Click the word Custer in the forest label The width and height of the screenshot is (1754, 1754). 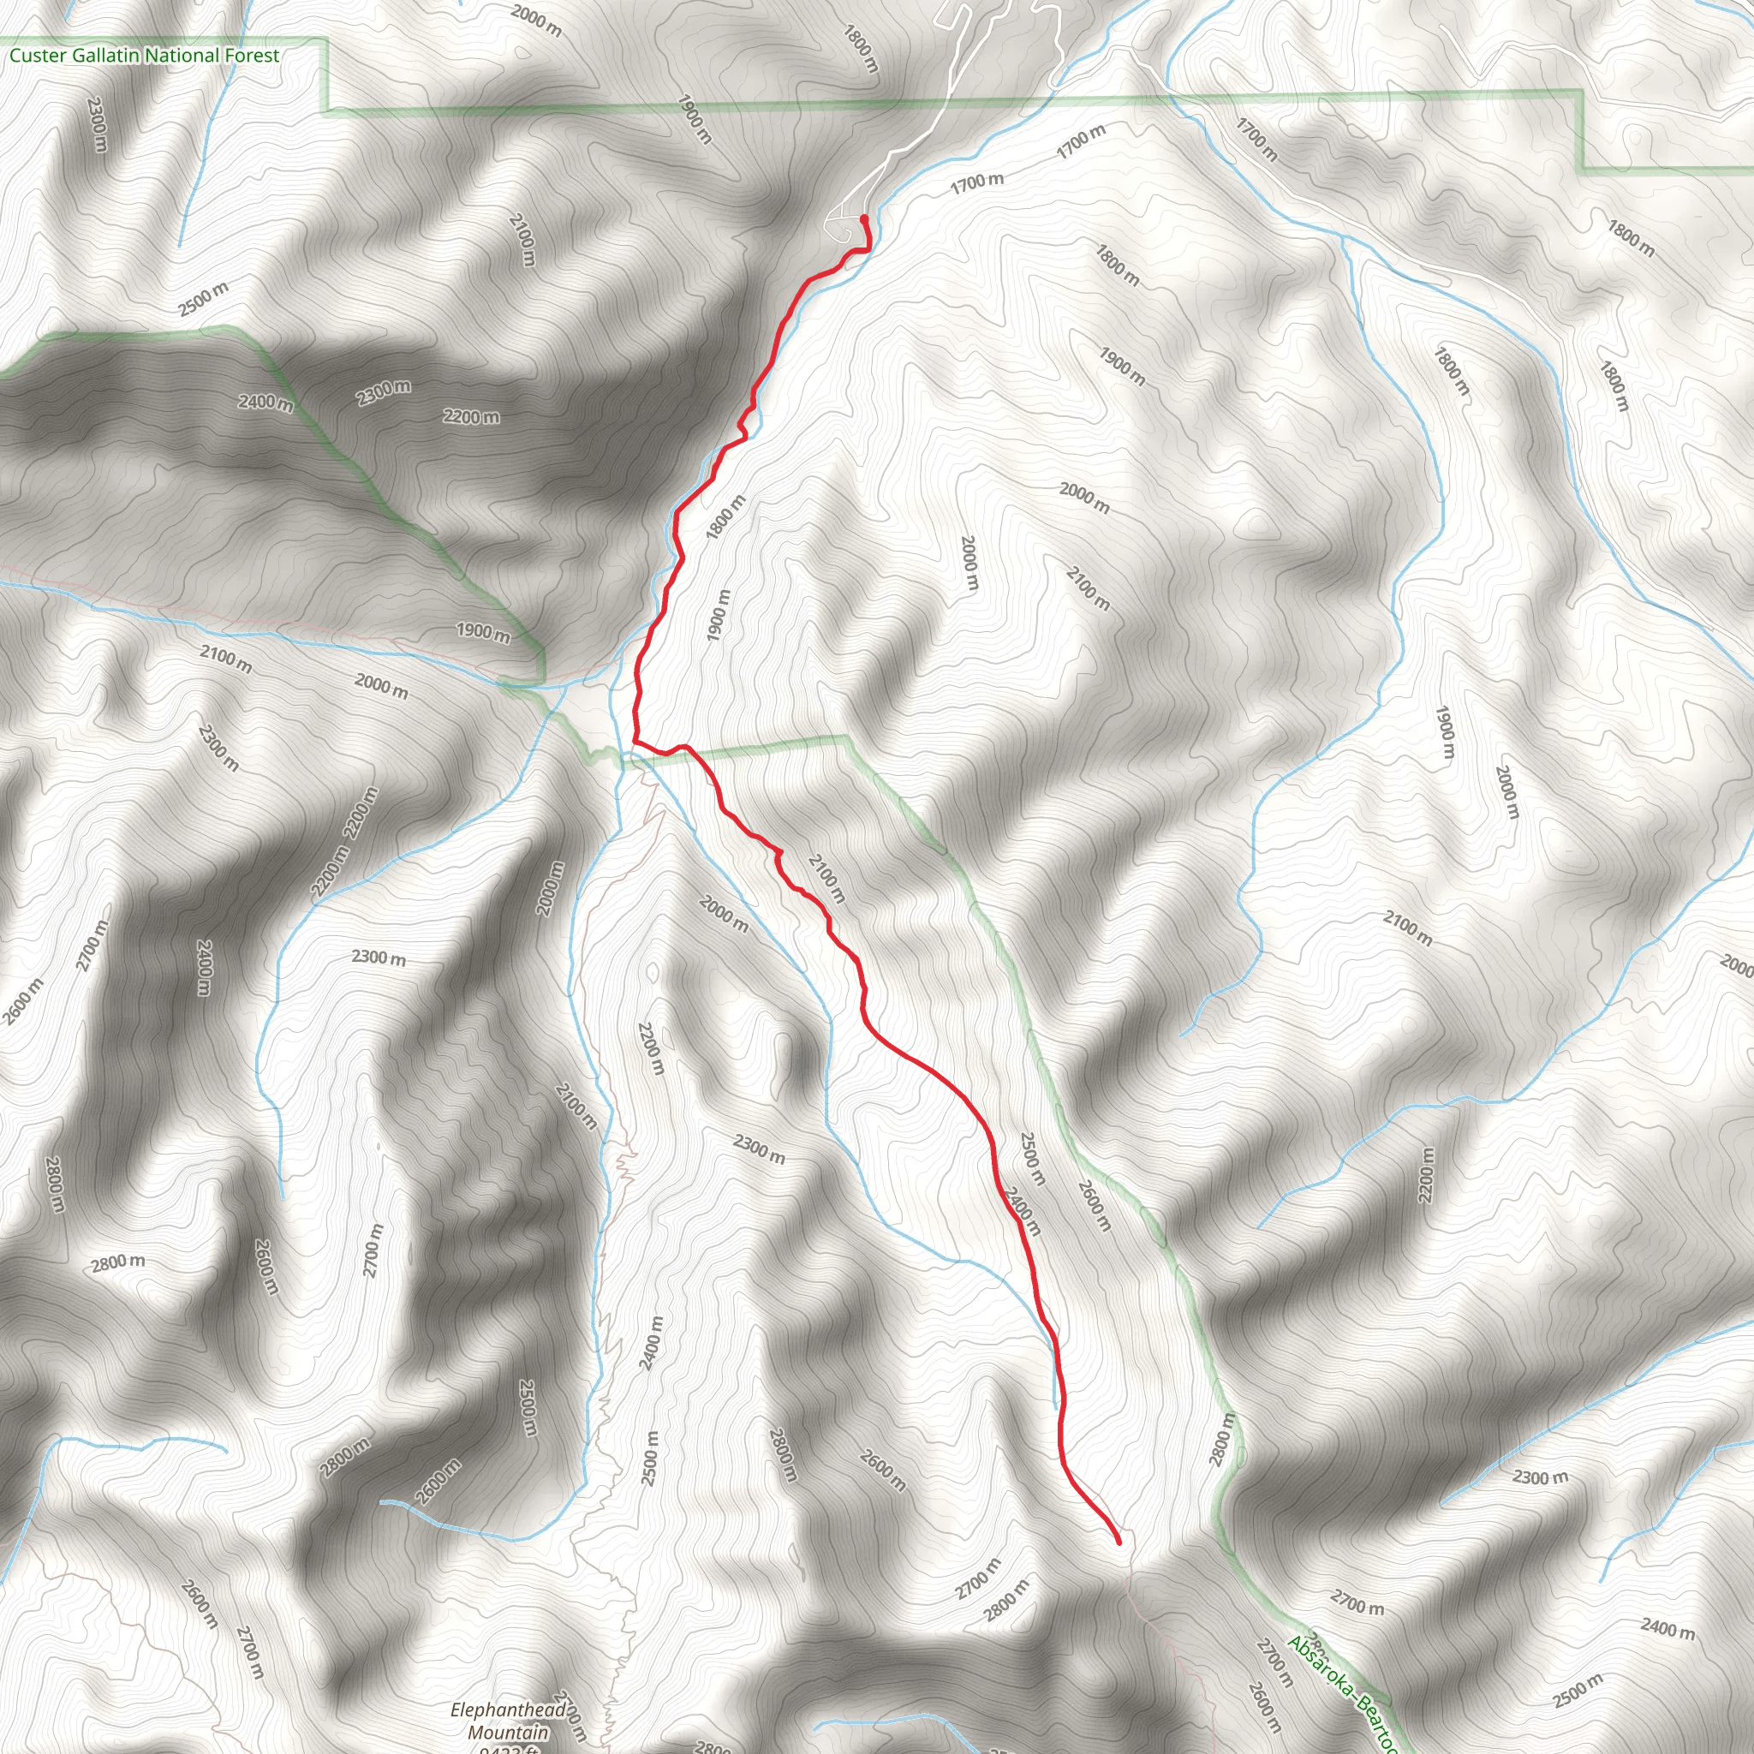pos(37,57)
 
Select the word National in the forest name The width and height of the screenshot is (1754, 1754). pos(183,57)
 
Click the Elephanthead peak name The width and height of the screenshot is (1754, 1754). pos(510,1711)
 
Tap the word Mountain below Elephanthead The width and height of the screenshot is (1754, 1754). pos(509,1733)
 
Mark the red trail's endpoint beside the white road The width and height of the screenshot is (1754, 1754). pos(862,218)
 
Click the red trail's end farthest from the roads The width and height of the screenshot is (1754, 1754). pos(1119,1542)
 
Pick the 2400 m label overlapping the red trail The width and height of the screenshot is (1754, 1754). pos(1022,1213)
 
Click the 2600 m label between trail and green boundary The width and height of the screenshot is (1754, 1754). pos(1093,1205)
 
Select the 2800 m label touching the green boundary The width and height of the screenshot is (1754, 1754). pos(1222,1440)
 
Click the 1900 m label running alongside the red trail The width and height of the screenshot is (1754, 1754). pos(718,616)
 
